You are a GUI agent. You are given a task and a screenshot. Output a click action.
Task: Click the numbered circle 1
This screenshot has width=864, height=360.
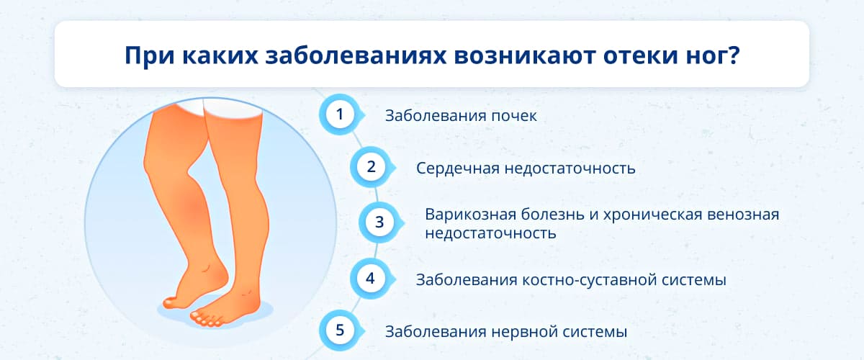pos(340,114)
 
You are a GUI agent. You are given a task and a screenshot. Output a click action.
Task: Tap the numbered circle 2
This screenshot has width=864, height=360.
pos(371,167)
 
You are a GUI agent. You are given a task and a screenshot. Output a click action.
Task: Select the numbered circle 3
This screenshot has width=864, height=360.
pos(379,222)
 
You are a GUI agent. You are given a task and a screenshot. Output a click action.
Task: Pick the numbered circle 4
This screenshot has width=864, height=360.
pos(370,279)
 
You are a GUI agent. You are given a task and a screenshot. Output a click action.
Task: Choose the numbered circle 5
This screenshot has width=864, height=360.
pos(340,330)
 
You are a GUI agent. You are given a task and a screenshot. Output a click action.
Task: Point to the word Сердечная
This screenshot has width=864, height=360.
pos(458,168)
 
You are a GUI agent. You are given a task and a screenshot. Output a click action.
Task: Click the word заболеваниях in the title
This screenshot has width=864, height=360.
pos(355,56)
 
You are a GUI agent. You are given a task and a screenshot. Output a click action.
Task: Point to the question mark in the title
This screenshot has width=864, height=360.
pos(734,55)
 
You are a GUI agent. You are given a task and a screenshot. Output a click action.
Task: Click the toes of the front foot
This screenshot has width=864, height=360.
pos(207,320)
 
